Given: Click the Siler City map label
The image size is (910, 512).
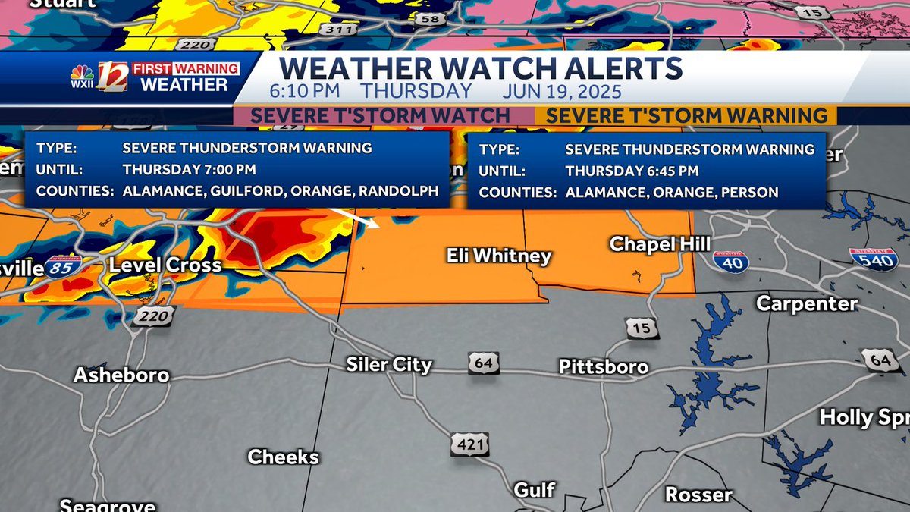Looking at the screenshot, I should (x=389, y=364).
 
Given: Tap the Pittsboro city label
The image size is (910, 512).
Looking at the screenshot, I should (x=604, y=367).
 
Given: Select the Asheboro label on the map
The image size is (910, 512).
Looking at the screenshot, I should (x=121, y=375).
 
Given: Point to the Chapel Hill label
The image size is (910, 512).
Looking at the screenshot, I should (x=660, y=243).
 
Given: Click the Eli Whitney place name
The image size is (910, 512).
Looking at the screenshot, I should (x=498, y=256).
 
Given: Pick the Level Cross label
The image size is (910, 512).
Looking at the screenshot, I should (x=165, y=265).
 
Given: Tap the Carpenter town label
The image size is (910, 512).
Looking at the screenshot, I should (x=807, y=303).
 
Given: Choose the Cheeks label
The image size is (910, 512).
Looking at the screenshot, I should (x=283, y=457).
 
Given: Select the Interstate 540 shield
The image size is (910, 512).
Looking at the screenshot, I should (x=874, y=259).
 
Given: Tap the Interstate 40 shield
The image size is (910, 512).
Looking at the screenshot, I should (x=730, y=261).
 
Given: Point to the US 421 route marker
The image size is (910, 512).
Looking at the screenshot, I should (x=469, y=444).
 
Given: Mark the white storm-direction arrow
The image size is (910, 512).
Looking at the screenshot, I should (x=363, y=219).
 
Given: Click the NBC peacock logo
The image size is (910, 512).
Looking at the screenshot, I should (x=82, y=75).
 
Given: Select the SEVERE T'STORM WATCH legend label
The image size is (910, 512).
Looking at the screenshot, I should (x=380, y=115).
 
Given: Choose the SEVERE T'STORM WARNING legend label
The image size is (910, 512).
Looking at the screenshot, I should (x=686, y=115).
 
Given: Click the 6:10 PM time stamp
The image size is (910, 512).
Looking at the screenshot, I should (x=303, y=92).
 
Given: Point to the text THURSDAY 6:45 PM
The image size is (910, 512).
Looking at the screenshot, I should (x=632, y=171).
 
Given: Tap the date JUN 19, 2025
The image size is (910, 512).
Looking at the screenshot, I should (x=562, y=92).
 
